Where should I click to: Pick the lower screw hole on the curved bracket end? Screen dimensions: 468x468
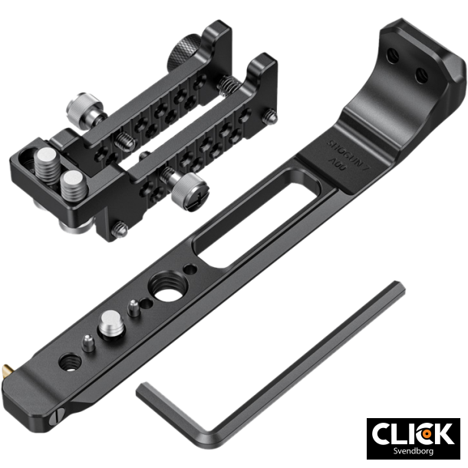[420, 74]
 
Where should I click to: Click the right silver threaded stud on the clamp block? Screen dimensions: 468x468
[74, 184]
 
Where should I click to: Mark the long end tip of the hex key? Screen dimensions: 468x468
[397, 289]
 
